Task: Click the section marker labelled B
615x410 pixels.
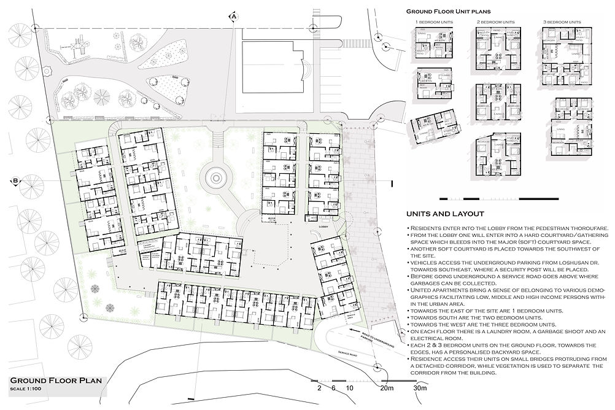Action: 14,181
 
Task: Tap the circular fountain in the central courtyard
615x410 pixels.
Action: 216,179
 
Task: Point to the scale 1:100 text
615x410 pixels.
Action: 28,390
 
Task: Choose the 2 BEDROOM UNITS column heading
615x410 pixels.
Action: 495,22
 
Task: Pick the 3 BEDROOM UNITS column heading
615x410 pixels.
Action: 561,22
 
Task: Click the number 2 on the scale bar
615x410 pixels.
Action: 319,388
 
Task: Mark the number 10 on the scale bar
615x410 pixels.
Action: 349,388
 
